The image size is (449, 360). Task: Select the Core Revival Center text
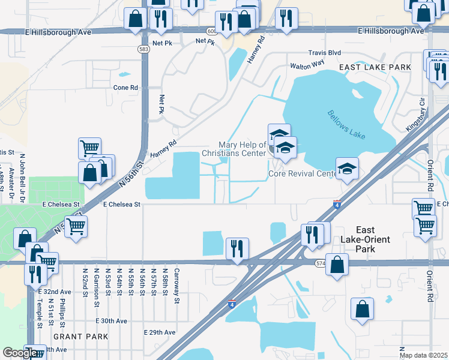[302, 175]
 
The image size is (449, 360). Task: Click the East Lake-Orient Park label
[364, 235]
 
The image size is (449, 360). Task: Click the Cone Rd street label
[125, 87]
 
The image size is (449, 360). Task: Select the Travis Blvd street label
[324, 53]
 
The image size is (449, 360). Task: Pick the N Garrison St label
[96, 287]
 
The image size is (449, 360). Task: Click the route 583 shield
[143, 49]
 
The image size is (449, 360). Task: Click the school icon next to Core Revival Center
[347, 169]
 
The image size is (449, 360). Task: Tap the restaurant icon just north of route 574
[237, 248]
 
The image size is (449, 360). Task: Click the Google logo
[19, 353]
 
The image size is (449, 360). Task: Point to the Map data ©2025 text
[423, 355]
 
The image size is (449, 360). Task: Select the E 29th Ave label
[160, 332]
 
